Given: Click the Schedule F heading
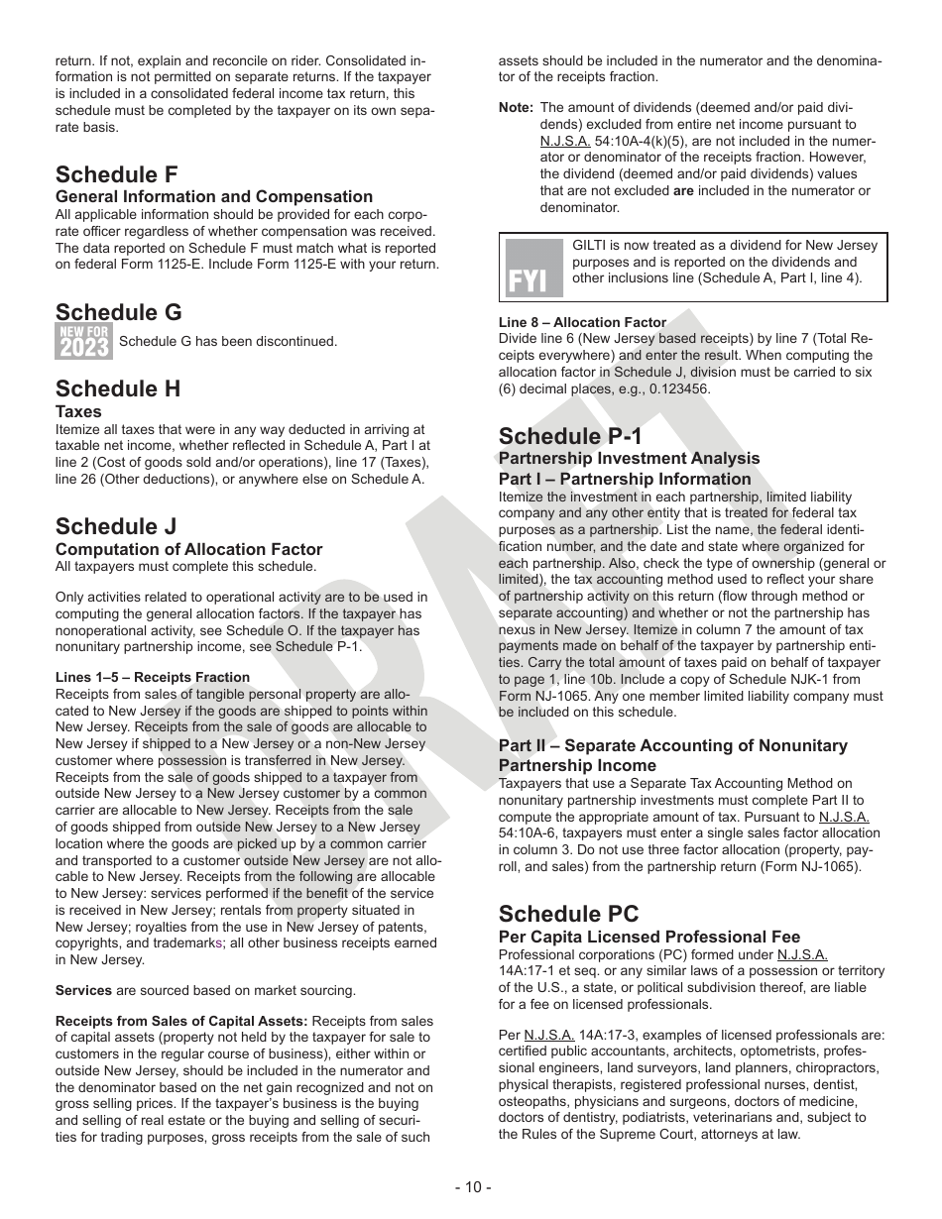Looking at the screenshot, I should click(117, 175).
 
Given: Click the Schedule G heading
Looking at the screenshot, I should click(118, 313).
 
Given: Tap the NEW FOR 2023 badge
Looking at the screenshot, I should click(82, 342).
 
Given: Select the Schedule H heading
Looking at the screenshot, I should click(118, 388).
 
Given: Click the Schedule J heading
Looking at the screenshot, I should click(116, 526).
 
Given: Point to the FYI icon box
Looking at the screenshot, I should click(533, 269).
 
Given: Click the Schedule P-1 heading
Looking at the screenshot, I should click(570, 436).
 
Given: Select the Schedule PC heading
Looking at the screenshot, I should click(568, 914).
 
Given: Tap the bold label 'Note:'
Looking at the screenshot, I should click(516, 108).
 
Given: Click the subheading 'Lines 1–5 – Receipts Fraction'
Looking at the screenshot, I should click(153, 678).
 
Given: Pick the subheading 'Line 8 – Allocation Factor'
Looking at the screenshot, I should click(582, 322).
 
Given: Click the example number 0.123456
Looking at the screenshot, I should click(675, 389).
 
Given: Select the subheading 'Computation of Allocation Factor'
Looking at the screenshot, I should click(188, 549).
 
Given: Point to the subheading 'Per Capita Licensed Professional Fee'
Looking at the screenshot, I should click(648, 937).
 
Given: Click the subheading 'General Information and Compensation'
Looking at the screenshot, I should click(214, 197).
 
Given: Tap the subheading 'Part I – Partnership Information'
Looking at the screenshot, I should click(625, 480).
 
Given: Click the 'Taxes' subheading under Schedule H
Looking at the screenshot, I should click(78, 411).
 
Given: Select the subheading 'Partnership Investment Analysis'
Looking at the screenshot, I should click(629, 458).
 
